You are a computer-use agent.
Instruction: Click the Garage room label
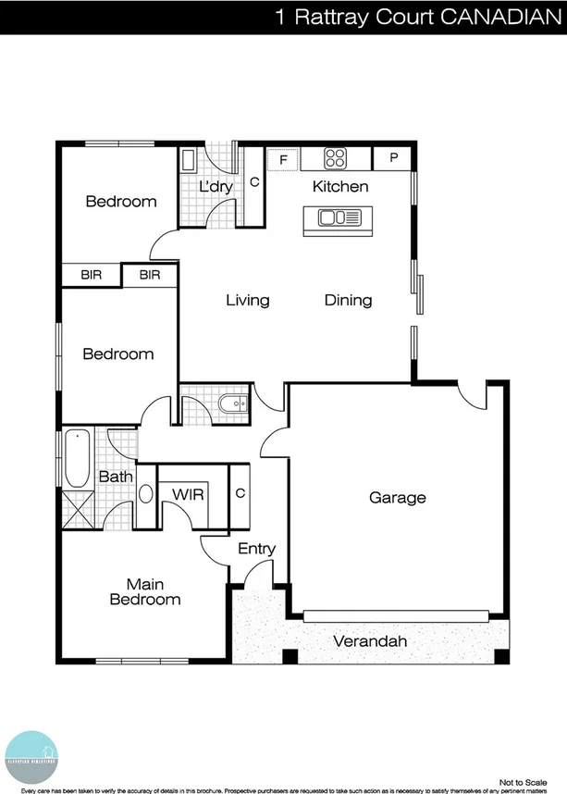[398, 498]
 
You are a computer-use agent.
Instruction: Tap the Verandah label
[370, 641]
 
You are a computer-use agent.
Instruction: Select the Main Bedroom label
[145, 592]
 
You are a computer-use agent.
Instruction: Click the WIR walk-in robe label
[188, 493]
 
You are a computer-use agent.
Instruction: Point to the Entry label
[256, 549]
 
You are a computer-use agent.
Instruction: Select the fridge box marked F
[283, 159]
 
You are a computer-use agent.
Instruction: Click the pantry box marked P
[394, 158]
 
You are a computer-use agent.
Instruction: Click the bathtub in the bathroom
[77, 458]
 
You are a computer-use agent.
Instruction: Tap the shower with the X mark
[77, 508]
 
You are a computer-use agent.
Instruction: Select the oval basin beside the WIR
[146, 493]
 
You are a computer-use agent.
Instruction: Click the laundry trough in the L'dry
[188, 161]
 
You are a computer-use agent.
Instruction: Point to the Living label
[248, 300]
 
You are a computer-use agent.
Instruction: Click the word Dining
[348, 300]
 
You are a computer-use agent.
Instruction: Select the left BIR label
[91, 275]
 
